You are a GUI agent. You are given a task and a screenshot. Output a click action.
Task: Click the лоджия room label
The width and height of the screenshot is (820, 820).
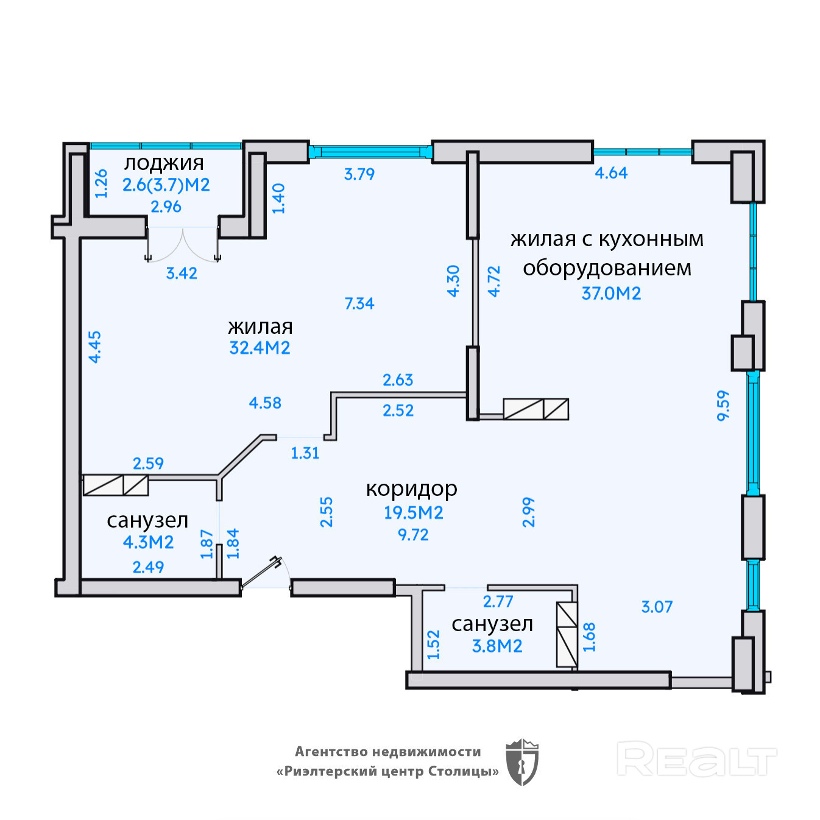164,163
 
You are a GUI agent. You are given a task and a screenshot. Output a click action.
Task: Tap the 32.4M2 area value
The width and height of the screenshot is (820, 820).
260,348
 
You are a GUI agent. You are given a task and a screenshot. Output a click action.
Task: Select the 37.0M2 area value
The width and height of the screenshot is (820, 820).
611,294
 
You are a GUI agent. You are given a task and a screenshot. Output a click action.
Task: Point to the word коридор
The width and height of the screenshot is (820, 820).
411,489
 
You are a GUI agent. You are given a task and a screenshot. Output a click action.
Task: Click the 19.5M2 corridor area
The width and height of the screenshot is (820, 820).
413,513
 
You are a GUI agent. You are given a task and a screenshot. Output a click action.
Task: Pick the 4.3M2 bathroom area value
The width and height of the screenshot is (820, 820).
148,542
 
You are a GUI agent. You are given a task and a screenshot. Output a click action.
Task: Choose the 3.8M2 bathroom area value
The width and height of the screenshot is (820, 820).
497,646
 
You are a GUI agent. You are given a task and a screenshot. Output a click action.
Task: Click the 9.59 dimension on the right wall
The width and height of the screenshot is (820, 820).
723,405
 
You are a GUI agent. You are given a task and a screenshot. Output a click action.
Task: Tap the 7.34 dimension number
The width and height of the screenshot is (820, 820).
359,303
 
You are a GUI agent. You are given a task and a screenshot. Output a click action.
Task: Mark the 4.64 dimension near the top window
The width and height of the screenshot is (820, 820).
611,173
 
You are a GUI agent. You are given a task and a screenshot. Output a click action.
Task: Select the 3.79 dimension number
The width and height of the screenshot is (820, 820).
359,174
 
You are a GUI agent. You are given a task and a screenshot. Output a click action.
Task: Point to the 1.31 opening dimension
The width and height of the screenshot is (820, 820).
305,453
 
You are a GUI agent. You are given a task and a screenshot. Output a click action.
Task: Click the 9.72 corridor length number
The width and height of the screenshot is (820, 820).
413,535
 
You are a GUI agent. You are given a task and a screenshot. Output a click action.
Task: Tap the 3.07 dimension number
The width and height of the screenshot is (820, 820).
657,607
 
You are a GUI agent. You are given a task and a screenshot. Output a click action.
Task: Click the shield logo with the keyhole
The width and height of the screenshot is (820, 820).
522,762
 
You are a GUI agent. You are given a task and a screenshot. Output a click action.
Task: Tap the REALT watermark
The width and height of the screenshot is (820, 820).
696,759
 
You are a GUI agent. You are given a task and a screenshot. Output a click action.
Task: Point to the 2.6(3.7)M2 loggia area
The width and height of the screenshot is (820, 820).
166,185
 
